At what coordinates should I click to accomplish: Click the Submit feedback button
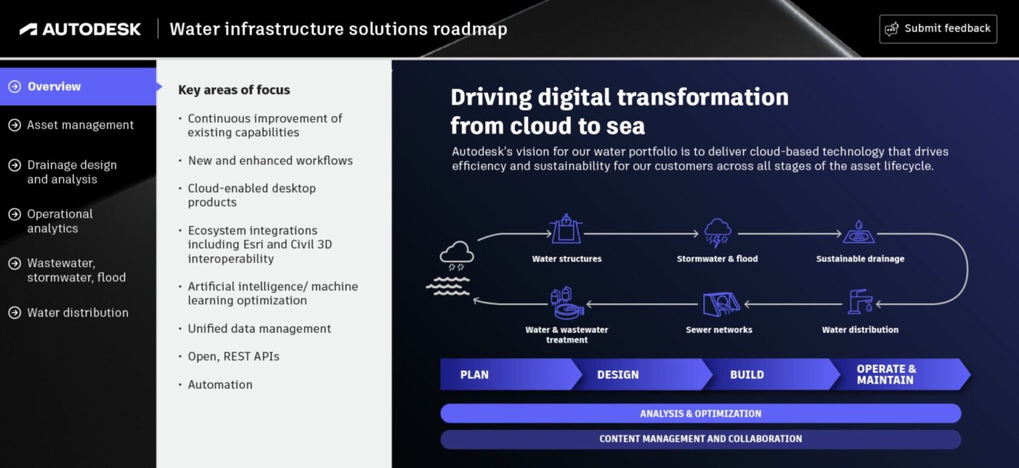[937, 29]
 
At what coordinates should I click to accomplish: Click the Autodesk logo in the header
[80, 29]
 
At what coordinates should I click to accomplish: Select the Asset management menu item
[80, 125]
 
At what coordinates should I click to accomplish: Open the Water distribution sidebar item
[77, 313]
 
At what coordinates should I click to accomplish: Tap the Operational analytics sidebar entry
[60, 221]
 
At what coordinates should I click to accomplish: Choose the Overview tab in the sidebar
[54, 87]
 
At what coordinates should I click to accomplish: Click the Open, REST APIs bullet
[233, 357]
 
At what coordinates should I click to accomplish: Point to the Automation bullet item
[220, 385]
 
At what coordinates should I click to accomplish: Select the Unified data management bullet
[259, 329]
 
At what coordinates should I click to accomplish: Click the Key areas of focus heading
[234, 90]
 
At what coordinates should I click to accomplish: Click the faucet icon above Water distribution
[860, 302]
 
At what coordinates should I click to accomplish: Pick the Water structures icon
[566, 229]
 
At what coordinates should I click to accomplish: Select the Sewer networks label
[718, 329]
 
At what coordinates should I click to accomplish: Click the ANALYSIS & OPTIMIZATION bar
[700, 414]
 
